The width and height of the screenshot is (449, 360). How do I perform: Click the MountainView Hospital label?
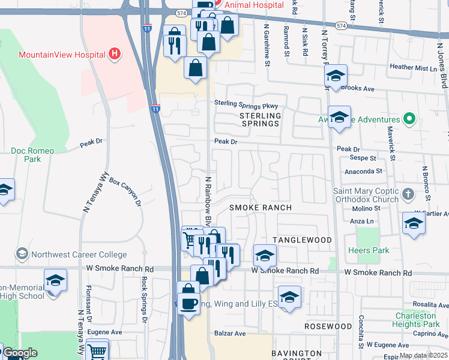tap(62, 55)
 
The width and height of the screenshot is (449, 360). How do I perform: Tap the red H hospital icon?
tap(115, 55)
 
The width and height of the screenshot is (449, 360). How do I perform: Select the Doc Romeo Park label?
tap(32, 155)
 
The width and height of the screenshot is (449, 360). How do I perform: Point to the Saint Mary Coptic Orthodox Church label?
tap(365, 196)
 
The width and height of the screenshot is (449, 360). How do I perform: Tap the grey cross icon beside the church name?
tap(408, 194)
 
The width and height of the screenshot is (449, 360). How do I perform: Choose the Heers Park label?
tap(367, 250)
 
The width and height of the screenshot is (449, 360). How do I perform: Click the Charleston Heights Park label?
tap(415, 320)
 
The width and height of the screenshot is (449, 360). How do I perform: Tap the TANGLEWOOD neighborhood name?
tap(302, 240)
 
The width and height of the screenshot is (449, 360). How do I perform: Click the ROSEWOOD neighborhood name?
tap(328, 326)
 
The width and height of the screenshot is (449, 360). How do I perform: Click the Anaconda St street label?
tap(363, 171)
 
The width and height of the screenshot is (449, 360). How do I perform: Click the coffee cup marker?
tap(189, 302)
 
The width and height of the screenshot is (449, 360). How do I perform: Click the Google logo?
tap(20, 353)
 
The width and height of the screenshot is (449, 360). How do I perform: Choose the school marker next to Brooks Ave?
tap(336, 76)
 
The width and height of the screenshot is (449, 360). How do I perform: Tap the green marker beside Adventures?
tap(410, 118)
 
